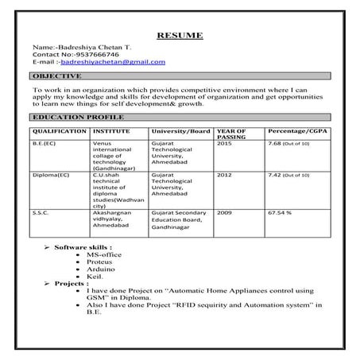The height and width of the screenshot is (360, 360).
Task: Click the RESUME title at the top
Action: click(x=180, y=36)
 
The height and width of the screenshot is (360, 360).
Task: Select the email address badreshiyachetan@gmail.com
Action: click(x=122, y=61)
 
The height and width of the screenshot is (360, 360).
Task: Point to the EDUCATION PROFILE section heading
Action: click(x=70, y=116)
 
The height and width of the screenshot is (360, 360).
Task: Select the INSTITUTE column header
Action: click(x=110, y=130)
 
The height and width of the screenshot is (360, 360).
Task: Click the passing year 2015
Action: click(x=225, y=144)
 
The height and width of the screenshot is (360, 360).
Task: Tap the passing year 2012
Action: click(x=225, y=174)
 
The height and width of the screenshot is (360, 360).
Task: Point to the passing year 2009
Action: click(x=225, y=213)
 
